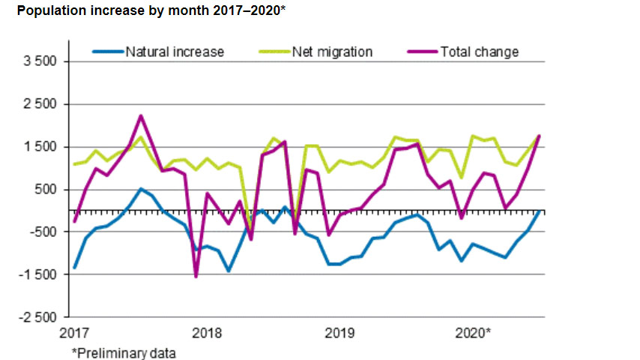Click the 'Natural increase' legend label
[x=174, y=52]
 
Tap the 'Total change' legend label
[x=479, y=52]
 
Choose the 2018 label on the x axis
[x=206, y=332]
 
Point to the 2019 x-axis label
[x=339, y=332]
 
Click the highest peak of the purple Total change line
[x=140, y=116]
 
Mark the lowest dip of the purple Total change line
[x=196, y=276]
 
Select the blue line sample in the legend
[x=107, y=52]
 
